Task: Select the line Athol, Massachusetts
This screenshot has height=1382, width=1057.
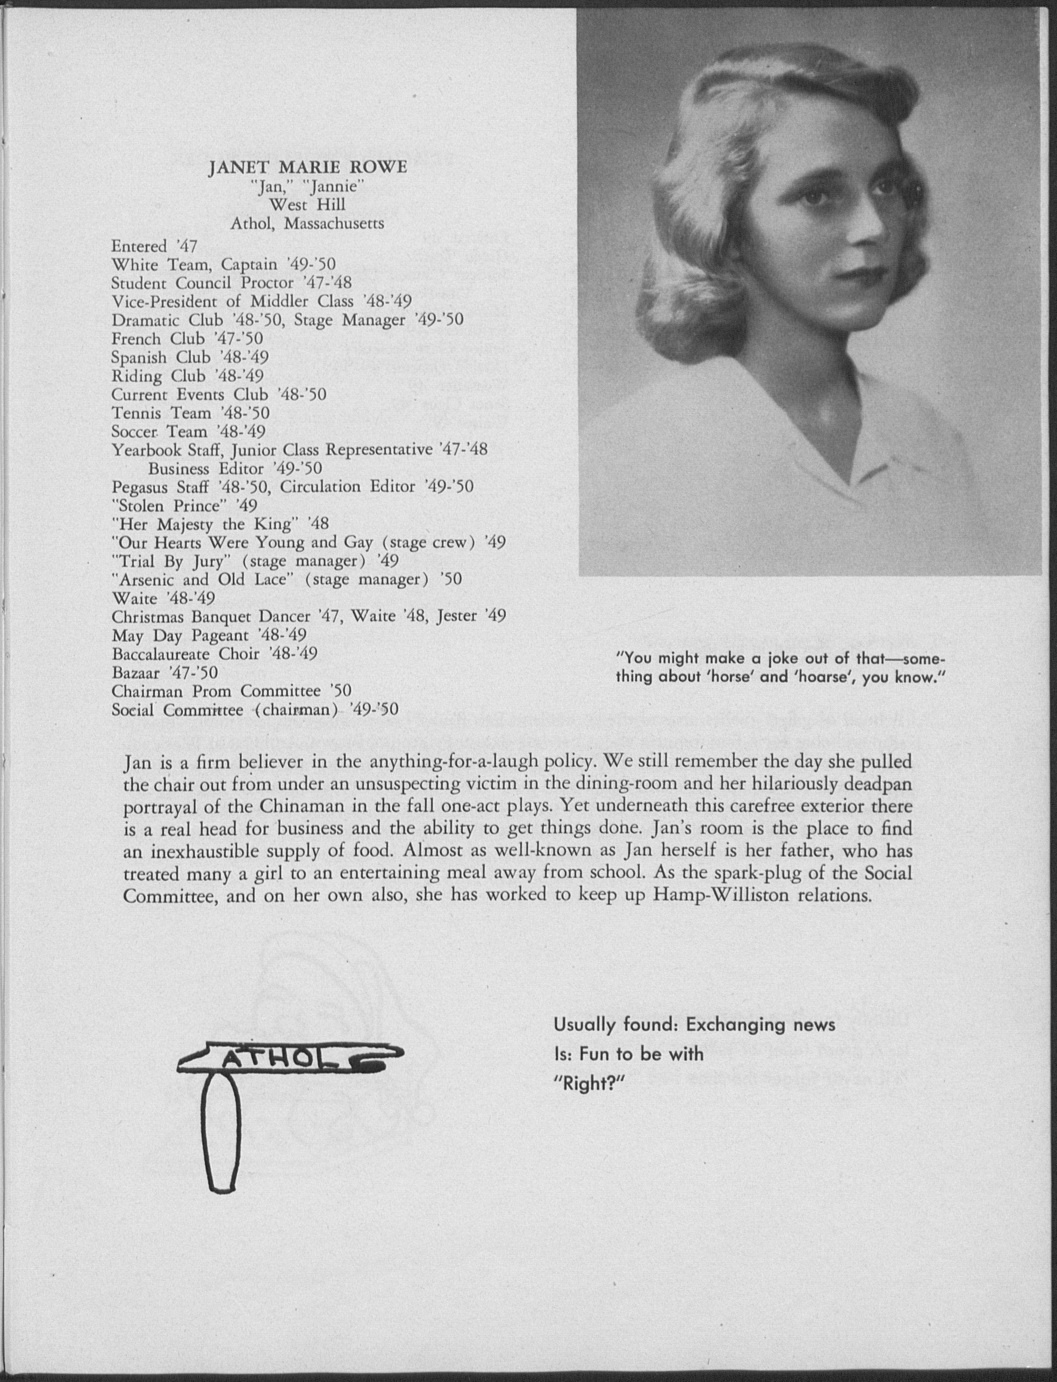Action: click(307, 224)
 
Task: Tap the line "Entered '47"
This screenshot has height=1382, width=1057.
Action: click(154, 246)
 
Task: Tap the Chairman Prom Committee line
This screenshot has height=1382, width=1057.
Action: click(231, 691)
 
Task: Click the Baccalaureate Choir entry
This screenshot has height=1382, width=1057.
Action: click(214, 654)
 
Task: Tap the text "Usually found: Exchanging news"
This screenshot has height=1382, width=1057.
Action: click(694, 1025)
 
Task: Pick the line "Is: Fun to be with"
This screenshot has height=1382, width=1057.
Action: click(628, 1055)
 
